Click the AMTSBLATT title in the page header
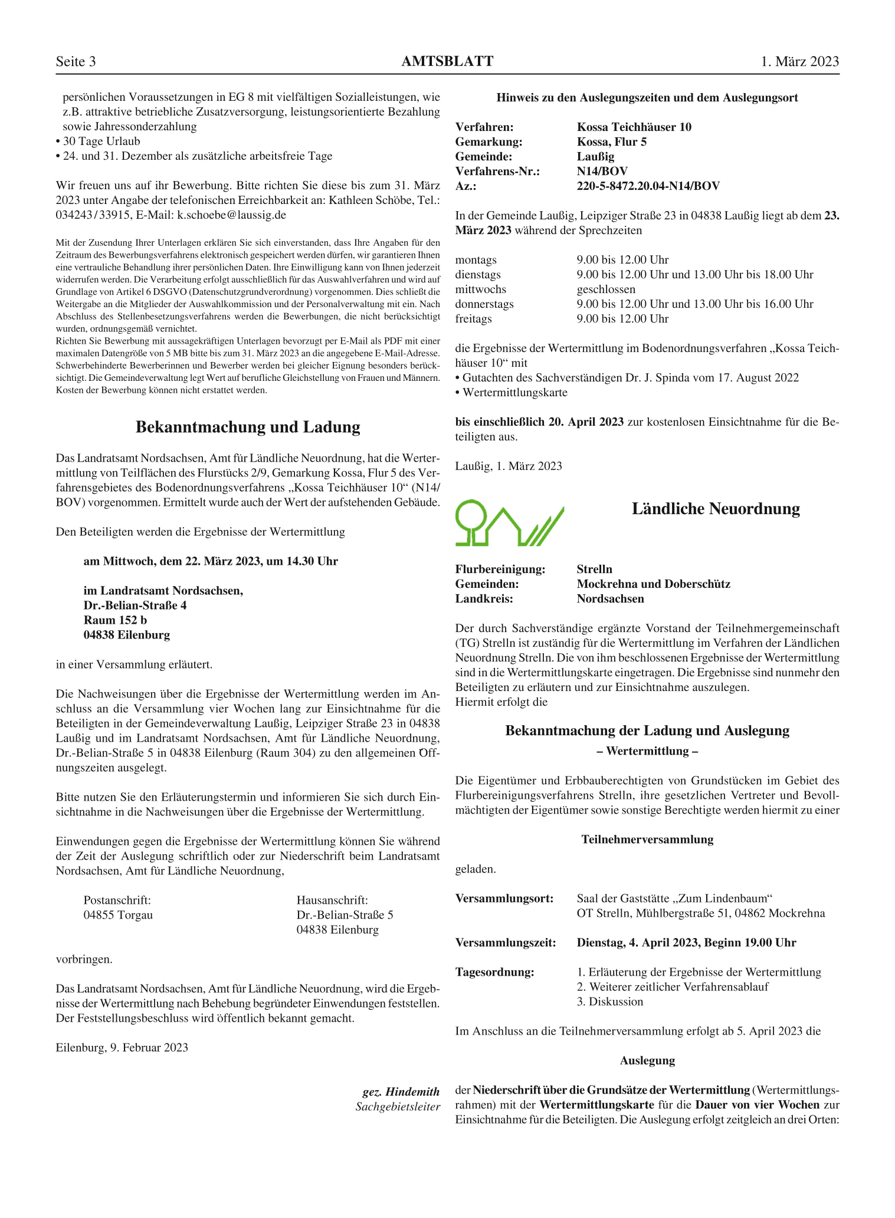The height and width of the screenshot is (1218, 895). pyautogui.click(x=447, y=61)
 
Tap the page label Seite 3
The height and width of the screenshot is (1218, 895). pyautogui.click(x=76, y=62)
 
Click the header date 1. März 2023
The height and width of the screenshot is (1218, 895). pyautogui.click(x=799, y=62)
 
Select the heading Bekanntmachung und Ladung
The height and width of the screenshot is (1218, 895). pyautogui.click(x=248, y=427)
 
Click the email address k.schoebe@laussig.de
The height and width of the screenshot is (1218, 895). pyautogui.click(x=232, y=215)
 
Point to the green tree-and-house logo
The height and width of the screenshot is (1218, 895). pyautogui.click(x=509, y=522)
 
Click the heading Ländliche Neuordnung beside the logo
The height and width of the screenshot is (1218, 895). pyautogui.click(x=716, y=509)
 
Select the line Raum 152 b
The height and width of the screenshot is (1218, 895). pyautogui.click(x=115, y=620)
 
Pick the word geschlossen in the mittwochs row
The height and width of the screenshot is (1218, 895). pyautogui.click(x=606, y=289)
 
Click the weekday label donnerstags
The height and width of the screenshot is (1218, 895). pyautogui.click(x=484, y=304)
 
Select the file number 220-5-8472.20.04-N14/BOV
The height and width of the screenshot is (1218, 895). pyautogui.click(x=648, y=186)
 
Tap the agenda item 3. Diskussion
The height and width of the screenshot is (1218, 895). pyautogui.click(x=609, y=1002)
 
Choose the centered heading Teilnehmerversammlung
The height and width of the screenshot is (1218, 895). pyautogui.click(x=647, y=840)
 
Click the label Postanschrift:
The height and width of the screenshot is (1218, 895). pyautogui.click(x=117, y=900)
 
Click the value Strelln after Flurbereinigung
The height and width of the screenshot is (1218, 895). pyautogui.click(x=594, y=570)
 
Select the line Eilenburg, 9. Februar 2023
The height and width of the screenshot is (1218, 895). pyautogui.click(x=122, y=1048)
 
